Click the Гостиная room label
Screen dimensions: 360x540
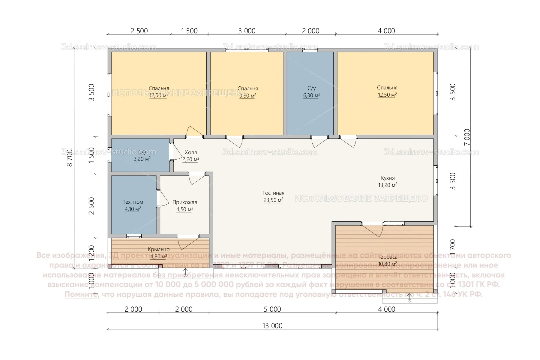pos(273,193)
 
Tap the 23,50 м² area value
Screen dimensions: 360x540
pos(273,200)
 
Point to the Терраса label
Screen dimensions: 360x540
pos(387,257)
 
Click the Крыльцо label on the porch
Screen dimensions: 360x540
pos(159,249)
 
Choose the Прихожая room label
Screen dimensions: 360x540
pos(184,202)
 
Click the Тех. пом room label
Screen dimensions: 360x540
pos(133,202)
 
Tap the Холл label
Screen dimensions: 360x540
pos(191,152)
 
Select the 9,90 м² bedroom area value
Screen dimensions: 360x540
pos(248,96)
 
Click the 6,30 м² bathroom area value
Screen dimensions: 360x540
pos(311,95)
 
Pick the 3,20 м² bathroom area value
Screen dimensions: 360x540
pos(142,159)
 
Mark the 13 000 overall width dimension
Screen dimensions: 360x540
pos(272,326)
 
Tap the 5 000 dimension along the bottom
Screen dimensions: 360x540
pos(272,309)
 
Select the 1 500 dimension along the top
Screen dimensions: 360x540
pos(189,31)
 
